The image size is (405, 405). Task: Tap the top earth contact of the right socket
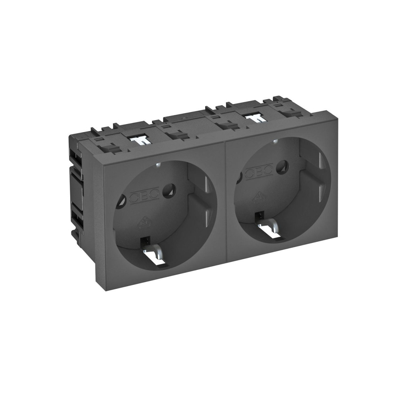coord(275,143)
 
